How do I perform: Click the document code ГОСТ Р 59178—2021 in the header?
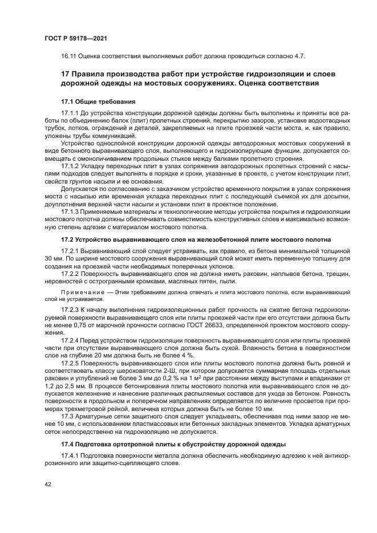click(75, 38)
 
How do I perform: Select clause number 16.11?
click(69, 56)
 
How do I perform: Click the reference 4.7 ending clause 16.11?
click(301, 56)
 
